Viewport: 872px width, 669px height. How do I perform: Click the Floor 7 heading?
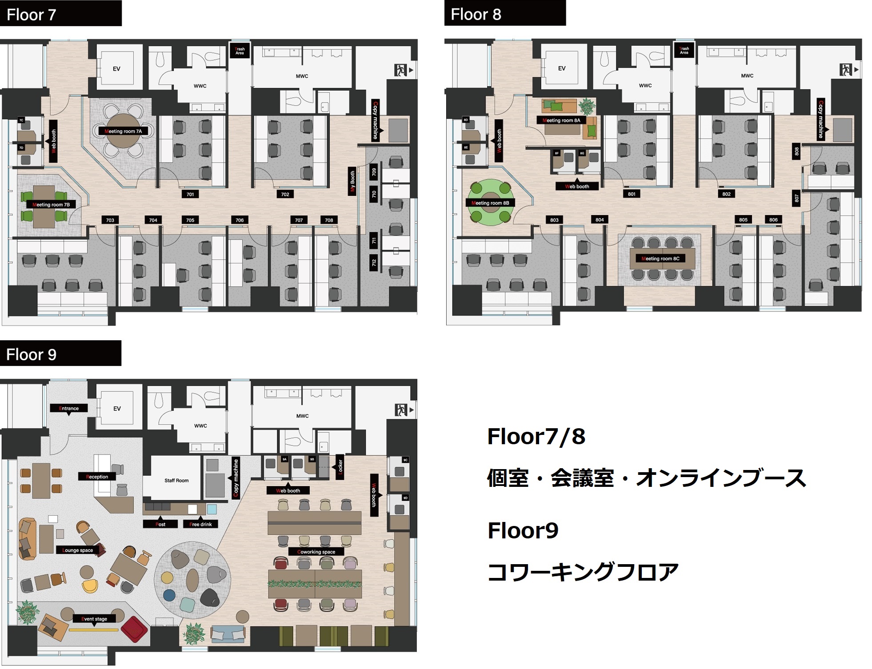click(32, 15)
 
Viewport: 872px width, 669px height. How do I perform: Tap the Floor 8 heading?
click(476, 14)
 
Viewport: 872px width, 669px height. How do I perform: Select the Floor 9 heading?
click(31, 354)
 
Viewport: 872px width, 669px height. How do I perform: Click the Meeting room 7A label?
click(123, 131)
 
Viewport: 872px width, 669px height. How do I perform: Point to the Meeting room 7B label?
click(51, 205)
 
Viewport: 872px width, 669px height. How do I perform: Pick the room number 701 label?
click(190, 194)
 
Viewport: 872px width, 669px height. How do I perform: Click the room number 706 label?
click(240, 220)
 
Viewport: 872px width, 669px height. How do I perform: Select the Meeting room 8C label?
click(660, 259)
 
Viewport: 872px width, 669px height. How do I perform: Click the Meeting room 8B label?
click(490, 203)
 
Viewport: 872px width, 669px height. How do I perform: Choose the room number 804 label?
click(600, 220)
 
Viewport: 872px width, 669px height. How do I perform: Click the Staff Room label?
click(176, 480)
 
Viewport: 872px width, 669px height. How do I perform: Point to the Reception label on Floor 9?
click(97, 477)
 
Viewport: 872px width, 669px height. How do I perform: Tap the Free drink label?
click(200, 524)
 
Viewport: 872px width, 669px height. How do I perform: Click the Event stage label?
click(94, 619)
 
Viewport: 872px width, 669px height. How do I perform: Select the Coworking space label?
click(316, 552)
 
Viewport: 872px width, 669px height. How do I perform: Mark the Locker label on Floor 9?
click(340, 467)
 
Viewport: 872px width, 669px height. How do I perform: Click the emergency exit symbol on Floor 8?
click(846, 70)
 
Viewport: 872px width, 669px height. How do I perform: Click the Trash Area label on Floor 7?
click(240, 51)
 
